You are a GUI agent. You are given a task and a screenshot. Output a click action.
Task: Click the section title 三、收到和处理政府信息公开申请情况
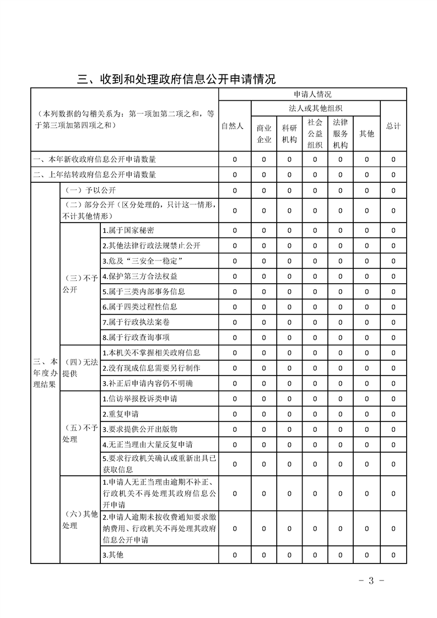(x=176, y=79)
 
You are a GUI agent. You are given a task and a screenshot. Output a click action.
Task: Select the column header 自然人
(x=232, y=126)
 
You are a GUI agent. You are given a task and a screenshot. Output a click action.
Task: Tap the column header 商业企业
(x=264, y=133)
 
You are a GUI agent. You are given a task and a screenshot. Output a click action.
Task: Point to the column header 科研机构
(x=289, y=133)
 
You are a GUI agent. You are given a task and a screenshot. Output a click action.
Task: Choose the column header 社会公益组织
(x=315, y=133)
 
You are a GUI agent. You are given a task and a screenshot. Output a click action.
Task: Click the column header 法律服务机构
(x=340, y=133)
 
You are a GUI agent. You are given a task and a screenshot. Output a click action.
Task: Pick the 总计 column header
(x=393, y=126)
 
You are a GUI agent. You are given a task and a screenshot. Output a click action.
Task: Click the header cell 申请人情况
(x=312, y=95)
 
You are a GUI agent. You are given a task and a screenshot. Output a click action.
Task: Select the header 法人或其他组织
(x=315, y=109)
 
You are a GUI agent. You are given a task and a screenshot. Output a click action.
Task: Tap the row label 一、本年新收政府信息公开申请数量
(x=94, y=160)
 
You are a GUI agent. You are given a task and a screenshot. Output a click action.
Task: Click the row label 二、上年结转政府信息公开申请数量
(x=94, y=175)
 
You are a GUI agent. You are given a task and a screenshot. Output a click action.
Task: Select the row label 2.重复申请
(x=120, y=414)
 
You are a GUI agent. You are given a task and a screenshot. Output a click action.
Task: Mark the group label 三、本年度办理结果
(x=45, y=373)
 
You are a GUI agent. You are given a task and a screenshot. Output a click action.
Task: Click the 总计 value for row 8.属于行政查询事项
(x=393, y=338)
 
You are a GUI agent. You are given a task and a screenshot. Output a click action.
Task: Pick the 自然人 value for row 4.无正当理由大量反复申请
(x=234, y=444)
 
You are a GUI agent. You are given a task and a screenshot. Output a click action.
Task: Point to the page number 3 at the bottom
(x=371, y=580)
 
